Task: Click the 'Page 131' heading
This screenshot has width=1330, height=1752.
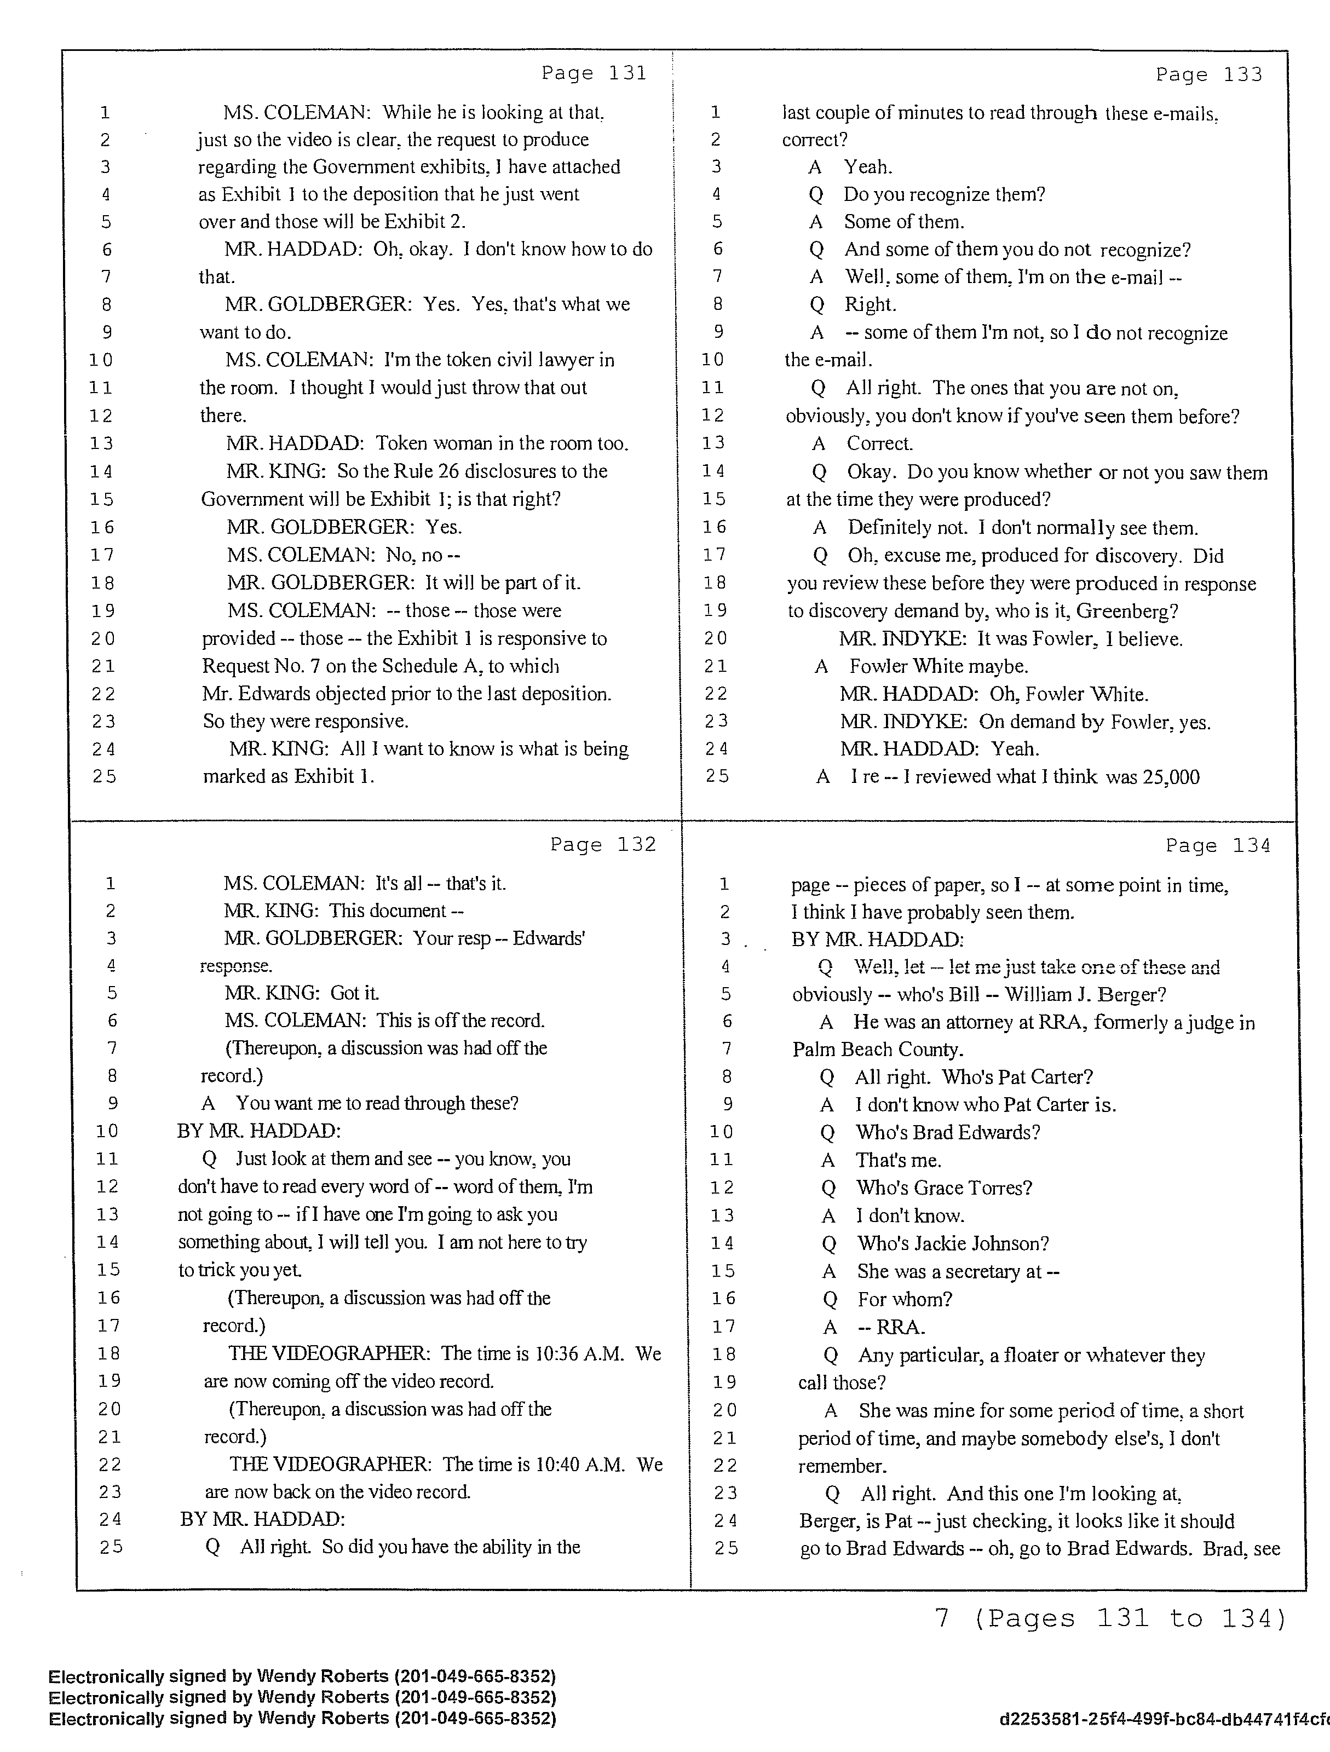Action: click(594, 73)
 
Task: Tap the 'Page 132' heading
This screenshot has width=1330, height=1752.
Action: click(603, 844)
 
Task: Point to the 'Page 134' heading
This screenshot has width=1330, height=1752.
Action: click(1218, 846)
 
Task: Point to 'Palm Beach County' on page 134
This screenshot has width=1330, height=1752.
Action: click(878, 1050)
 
